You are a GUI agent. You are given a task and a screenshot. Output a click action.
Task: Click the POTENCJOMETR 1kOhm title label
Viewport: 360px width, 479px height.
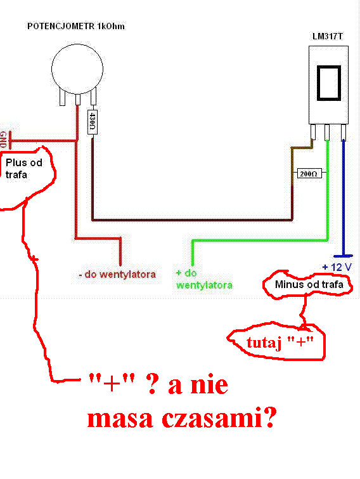coord(76,26)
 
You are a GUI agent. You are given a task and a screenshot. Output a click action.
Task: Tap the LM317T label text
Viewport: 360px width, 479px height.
coord(327,36)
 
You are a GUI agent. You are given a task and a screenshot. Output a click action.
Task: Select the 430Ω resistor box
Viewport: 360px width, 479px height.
coord(93,122)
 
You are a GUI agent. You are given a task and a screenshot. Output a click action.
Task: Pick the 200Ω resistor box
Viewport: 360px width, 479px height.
coord(309,173)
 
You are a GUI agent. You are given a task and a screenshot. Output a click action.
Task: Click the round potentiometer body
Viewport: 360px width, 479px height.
coord(77,69)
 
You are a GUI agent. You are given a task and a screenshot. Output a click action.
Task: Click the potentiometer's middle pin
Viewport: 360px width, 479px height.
coord(77,99)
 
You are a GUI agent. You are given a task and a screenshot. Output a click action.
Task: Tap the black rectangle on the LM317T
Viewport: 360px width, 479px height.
coord(328,82)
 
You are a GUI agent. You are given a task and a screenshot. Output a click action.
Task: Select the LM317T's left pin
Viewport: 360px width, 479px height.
coord(312,132)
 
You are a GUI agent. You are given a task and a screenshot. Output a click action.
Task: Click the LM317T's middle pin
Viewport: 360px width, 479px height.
coord(327,132)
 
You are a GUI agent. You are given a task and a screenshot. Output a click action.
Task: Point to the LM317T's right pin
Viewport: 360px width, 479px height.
coord(344,132)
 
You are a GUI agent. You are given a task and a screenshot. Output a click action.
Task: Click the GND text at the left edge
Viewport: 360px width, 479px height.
coord(3,140)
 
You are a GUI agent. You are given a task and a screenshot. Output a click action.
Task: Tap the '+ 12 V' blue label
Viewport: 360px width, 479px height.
coord(337,267)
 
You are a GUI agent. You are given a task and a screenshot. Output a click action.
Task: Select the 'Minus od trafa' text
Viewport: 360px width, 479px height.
coord(309,284)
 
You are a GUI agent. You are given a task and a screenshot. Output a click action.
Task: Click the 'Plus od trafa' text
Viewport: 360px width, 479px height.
coord(24,168)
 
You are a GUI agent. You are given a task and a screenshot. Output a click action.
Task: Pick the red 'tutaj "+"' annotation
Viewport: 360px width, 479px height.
coord(280,343)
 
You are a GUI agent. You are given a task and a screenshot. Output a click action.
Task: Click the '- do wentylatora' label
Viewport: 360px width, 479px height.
coord(117,274)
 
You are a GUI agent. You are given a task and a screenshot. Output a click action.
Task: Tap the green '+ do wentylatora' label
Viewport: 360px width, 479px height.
coord(204,279)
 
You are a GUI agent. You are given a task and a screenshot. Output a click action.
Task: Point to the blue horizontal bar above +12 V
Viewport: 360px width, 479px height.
coord(344,256)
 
